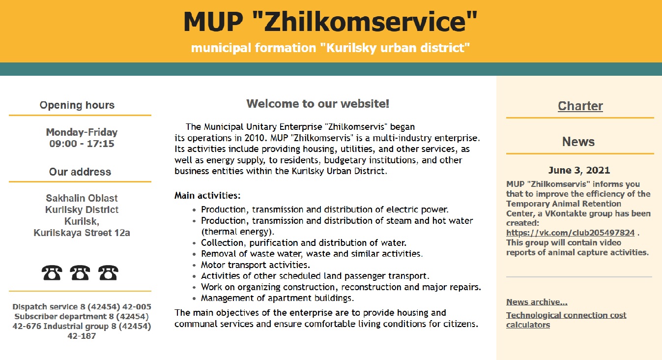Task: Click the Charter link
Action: tap(580, 106)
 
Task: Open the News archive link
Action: tap(537, 302)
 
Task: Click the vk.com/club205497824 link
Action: tap(570, 233)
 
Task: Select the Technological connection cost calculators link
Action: tap(566, 320)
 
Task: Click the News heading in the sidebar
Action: tap(578, 142)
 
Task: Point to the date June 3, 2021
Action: tap(579, 171)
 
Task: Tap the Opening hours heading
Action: tap(77, 105)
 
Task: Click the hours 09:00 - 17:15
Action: tap(82, 144)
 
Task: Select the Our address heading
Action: tap(80, 172)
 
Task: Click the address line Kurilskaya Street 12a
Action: tap(82, 233)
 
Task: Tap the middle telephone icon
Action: tap(80, 272)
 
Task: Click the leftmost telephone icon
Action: tap(52, 272)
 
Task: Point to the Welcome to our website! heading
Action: tap(317, 104)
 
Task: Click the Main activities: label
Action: tap(207, 196)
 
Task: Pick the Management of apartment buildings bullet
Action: tap(277, 298)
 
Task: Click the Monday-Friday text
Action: tap(82, 132)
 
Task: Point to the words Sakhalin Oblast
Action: tap(82, 199)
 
